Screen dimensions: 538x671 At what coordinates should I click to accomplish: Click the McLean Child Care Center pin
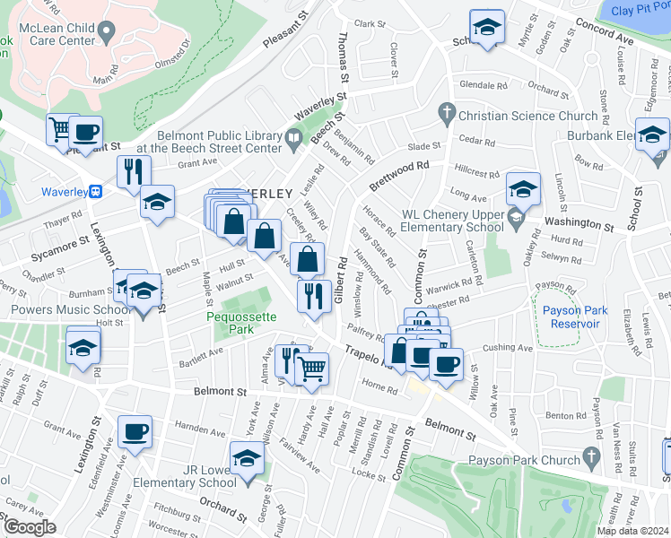pos(107,33)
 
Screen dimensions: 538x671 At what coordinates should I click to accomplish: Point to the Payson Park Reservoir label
pos(576,317)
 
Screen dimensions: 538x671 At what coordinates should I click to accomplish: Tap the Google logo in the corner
pos(29,527)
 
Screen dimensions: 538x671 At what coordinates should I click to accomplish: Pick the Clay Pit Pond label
pos(638,11)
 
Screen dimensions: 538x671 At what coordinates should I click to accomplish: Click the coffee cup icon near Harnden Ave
pos(136,434)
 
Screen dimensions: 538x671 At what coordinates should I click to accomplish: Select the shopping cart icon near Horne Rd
pos(311,368)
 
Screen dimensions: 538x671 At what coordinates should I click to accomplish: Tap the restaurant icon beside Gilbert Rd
pos(313,295)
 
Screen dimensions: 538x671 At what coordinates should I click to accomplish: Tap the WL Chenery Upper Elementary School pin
pos(515,216)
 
